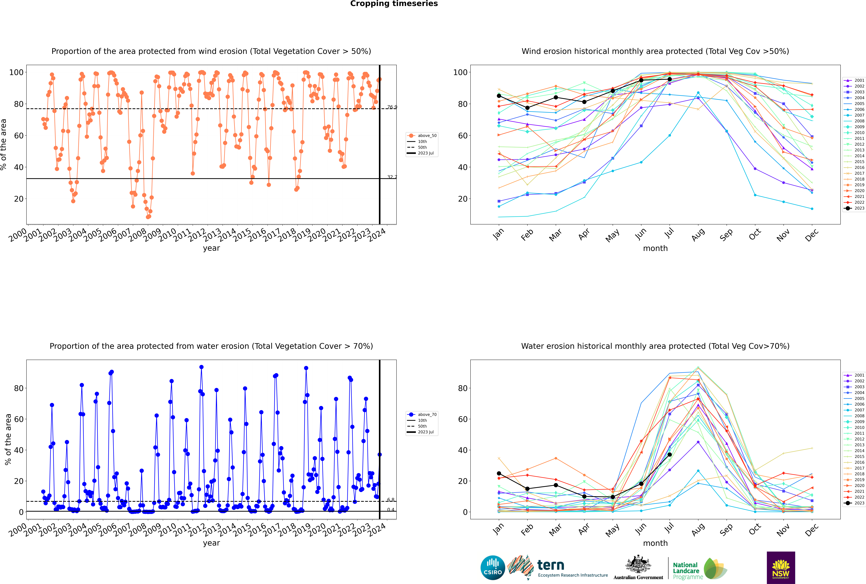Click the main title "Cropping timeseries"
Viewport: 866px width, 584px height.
[x=394, y=4]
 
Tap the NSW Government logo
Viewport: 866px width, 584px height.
[x=781, y=567]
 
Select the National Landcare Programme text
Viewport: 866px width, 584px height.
[x=686, y=571]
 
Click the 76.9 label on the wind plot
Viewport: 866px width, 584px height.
[x=392, y=107]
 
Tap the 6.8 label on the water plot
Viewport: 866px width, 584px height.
[x=391, y=500]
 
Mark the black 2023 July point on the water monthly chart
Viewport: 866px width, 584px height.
[x=669, y=454]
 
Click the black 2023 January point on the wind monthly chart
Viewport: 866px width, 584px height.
[x=499, y=96]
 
